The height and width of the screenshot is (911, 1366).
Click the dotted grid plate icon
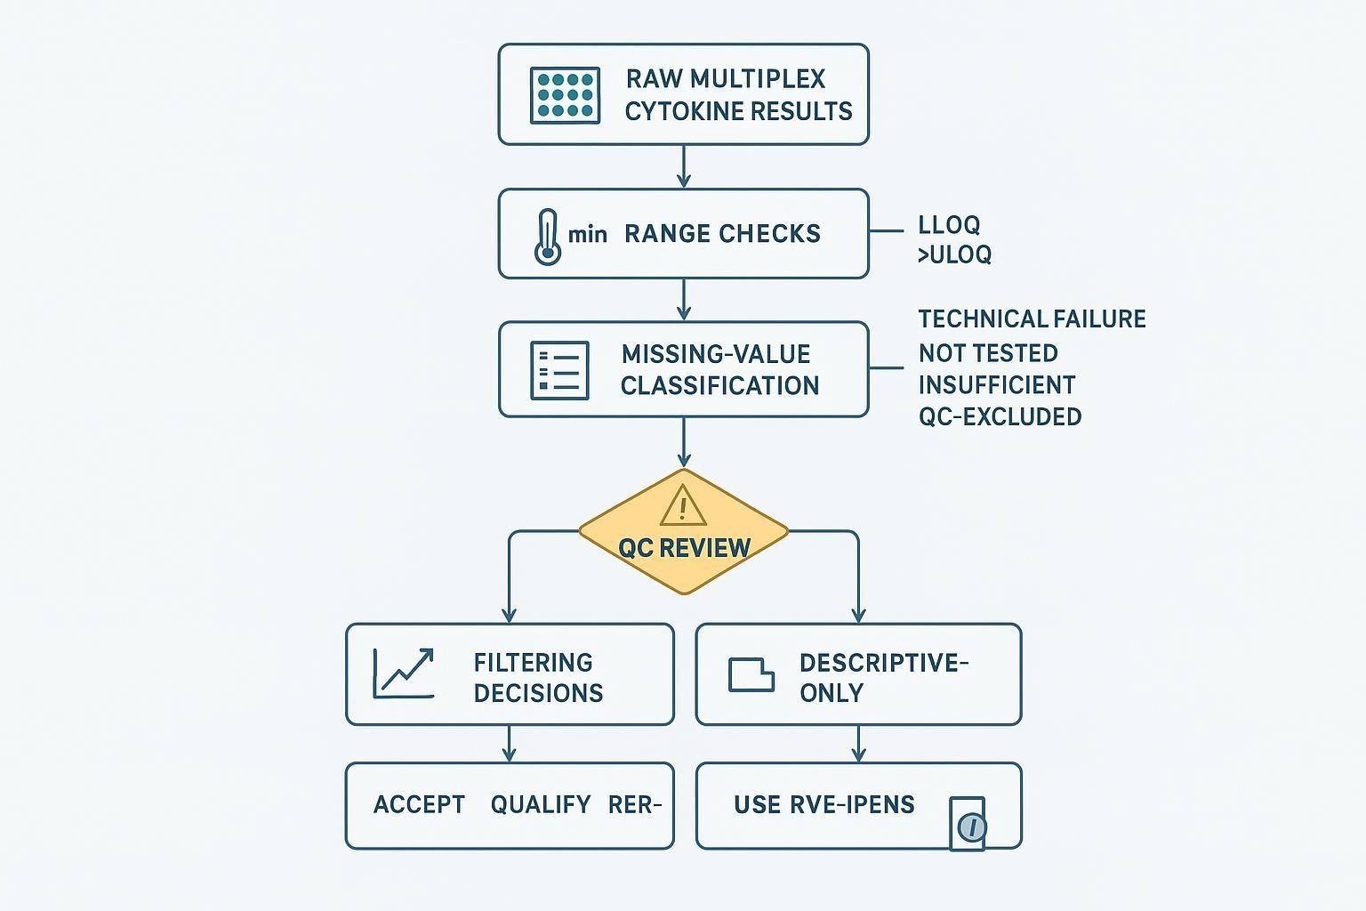point(564,94)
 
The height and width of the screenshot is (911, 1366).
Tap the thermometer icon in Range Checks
point(548,237)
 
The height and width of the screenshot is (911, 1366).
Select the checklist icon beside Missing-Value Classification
point(559,370)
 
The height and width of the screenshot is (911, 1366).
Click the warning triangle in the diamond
point(683,506)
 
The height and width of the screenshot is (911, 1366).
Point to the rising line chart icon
point(404,673)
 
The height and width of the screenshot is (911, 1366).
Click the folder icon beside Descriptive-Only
point(751,674)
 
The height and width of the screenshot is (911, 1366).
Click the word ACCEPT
point(419,805)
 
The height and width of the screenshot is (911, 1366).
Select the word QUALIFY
point(541,805)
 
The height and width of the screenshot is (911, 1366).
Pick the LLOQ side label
point(949,225)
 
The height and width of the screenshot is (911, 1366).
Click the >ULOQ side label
point(954,254)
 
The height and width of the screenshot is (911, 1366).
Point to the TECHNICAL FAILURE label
point(1032,319)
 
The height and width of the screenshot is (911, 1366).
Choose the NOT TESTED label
point(988,353)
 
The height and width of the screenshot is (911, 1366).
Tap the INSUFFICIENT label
point(997,385)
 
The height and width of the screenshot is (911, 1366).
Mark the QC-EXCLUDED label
point(1000,416)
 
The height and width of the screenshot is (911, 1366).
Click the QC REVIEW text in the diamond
point(684,548)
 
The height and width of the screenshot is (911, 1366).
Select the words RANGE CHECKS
point(722,234)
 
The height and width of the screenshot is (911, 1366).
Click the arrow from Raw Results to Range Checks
point(683,166)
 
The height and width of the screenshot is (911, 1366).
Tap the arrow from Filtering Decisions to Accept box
point(509,744)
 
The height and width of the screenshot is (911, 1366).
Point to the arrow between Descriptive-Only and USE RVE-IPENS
point(858,744)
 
